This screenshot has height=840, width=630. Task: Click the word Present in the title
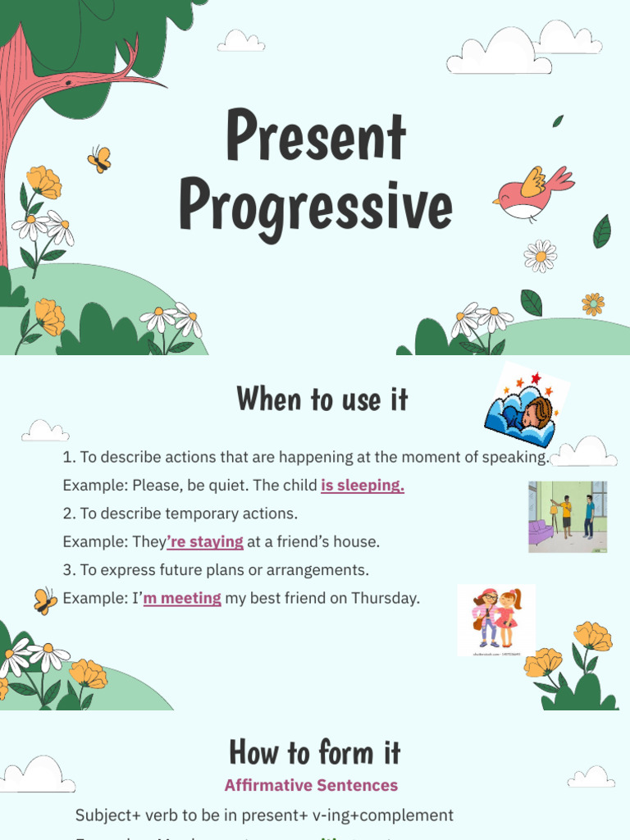[316, 137]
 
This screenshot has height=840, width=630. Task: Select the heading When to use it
[322, 399]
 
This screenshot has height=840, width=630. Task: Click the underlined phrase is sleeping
[363, 486]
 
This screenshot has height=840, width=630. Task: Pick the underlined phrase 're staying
[205, 541]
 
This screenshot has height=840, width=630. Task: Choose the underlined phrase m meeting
[182, 598]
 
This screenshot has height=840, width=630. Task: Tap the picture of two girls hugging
[496, 619]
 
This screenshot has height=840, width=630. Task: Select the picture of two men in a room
[568, 517]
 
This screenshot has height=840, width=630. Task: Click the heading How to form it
[315, 751]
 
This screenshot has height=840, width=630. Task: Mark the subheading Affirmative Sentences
[311, 785]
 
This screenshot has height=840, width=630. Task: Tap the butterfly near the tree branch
[99, 158]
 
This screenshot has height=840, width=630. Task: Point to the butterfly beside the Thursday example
[45, 600]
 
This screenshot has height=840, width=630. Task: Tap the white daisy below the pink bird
[541, 256]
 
